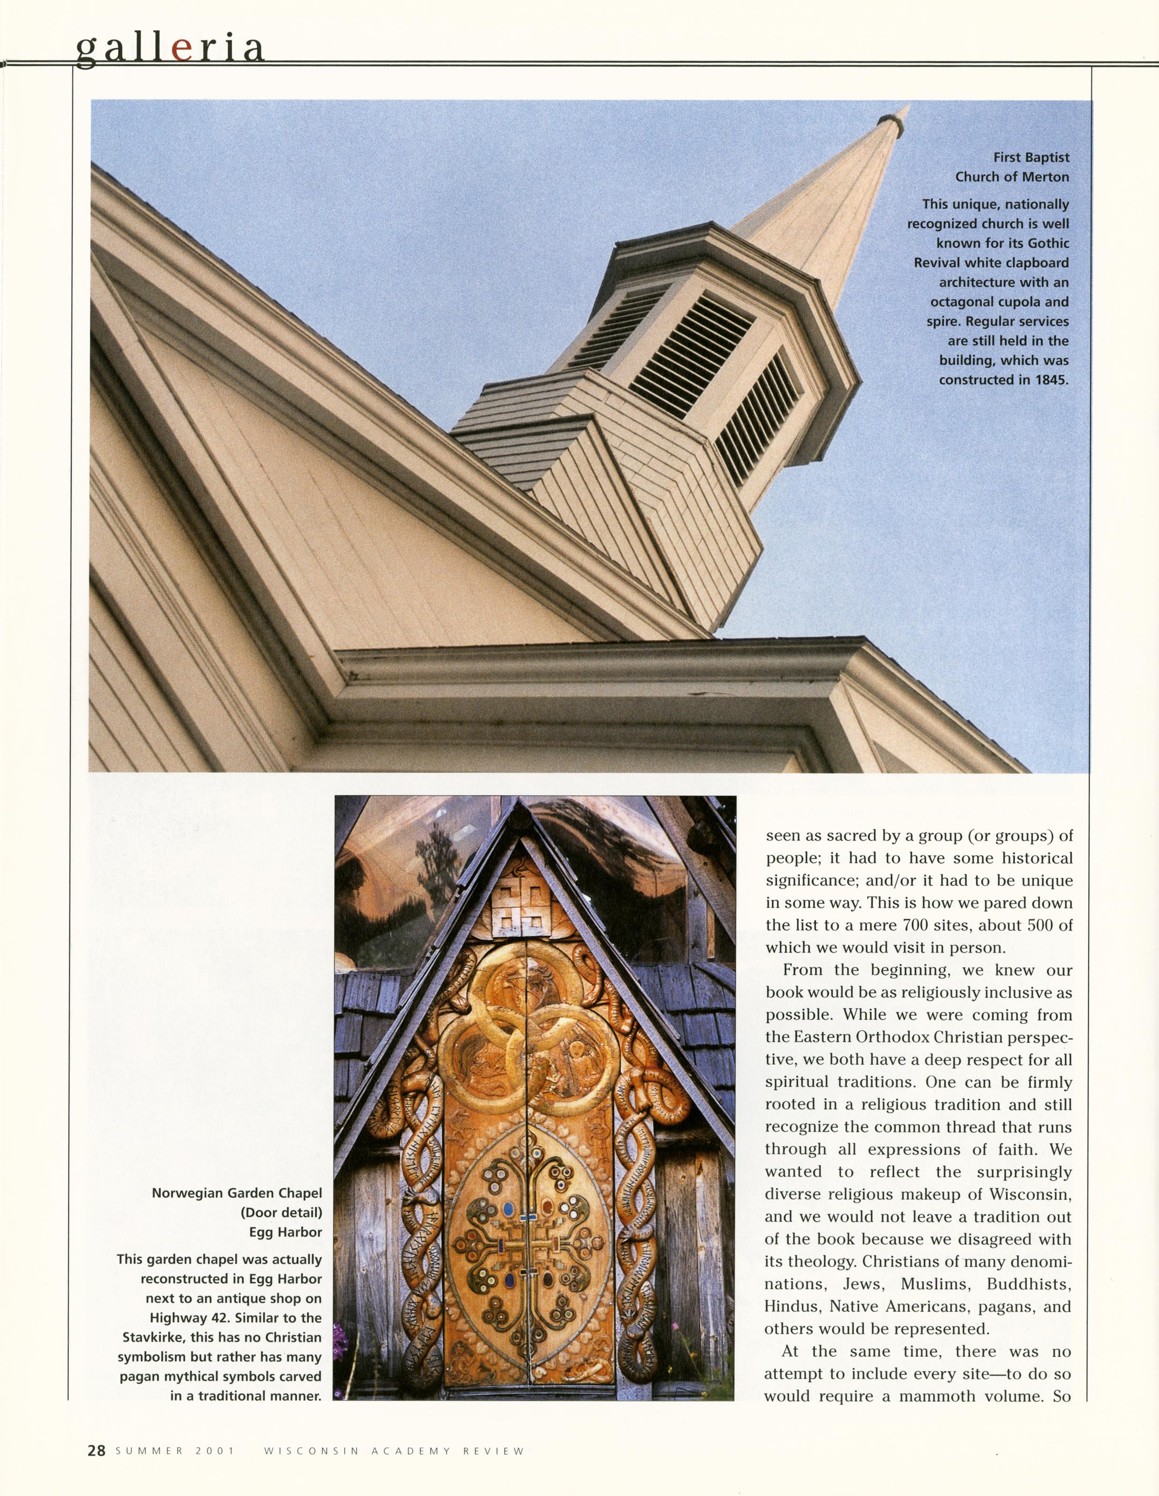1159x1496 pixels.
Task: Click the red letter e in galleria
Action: tap(181, 49)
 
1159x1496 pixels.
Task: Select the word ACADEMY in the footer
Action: tap(411, 1451)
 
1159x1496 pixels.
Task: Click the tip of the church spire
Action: tap(908, 106)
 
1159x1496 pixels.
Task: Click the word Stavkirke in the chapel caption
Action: tap(153, 1337)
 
